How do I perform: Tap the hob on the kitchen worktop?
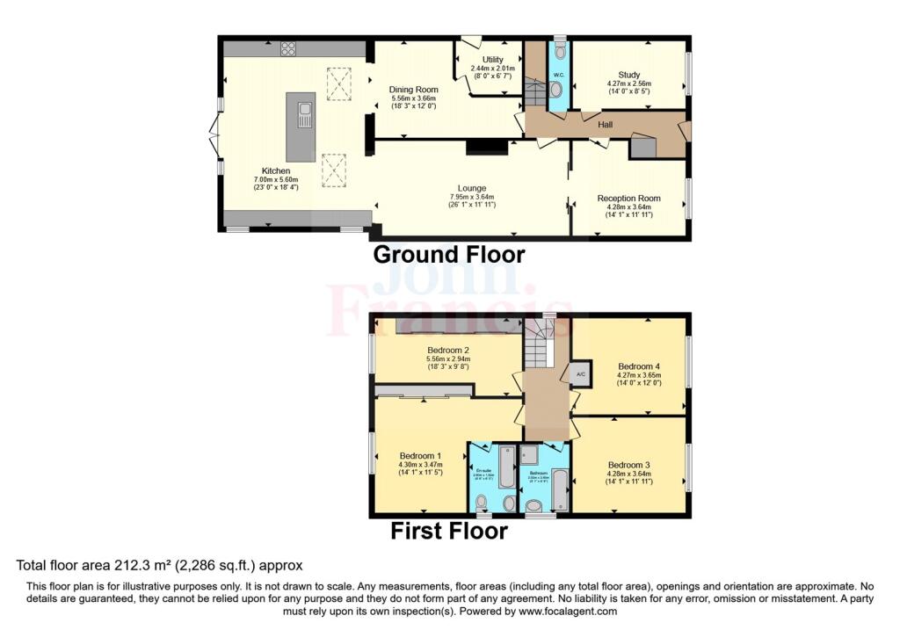287,49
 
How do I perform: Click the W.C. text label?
557,75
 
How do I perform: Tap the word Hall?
606,125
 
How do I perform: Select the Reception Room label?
628,199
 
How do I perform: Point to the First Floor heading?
449,531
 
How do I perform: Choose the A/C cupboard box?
580,373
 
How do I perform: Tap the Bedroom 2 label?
449,350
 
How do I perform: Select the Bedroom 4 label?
639,366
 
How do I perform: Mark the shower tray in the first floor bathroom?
530,453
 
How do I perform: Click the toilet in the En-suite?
482,503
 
